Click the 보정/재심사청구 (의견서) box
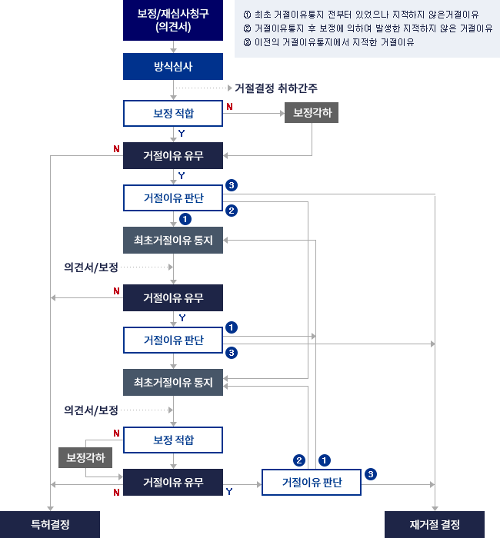[x=173, y=20]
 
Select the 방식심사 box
[x=173, y=67]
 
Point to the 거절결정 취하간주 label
[x=277, y=88]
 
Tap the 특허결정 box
[x=50, y=524]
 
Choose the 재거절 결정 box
[x=435, y=524]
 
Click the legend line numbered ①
[x=362, y=15]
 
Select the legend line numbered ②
[x=367, y=28]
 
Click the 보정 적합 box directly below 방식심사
[x=173, y=114]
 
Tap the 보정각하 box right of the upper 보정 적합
[x=312, y=113]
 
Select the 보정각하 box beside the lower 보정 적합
[x=85, y=457]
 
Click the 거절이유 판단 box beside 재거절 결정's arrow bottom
[x=312, y=483]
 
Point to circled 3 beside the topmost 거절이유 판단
[x=232, y=185]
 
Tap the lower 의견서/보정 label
[x=92, y=410]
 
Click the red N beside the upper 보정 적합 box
[x=229, y=107]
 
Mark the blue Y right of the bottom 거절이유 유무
[x=229, y=490]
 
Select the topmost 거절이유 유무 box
[x=173, y=155]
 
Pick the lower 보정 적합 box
[x=173, y=440]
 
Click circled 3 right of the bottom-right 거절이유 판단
[x=371, y=474]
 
